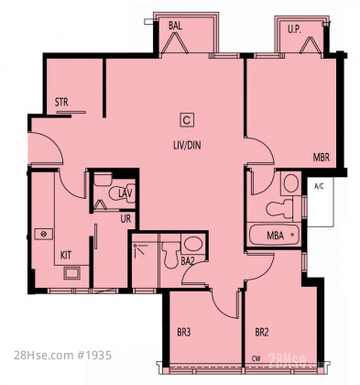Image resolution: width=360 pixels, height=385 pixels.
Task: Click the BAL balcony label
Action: [175, 26]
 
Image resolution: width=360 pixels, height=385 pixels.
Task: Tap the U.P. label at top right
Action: [295, 29]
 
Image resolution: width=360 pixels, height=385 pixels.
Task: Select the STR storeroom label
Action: [61, 102]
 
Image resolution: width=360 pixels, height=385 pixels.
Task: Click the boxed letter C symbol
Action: [187, 120]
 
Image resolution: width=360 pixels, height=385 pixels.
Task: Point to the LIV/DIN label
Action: [187, 145]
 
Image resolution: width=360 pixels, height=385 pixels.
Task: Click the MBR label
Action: [322, 158]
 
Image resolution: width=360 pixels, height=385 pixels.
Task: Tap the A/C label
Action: [319, 186]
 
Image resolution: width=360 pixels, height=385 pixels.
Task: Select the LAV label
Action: [125, 193]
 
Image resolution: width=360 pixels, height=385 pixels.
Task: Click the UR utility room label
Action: [125, 218]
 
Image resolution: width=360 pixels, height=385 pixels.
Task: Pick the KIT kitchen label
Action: [66, 255]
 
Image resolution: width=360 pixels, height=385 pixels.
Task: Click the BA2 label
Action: [188, 261]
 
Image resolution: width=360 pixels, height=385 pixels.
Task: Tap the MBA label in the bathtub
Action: [275, 236]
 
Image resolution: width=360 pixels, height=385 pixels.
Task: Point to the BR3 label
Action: [184, 332]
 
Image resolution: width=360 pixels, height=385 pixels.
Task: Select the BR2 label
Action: [262, 332]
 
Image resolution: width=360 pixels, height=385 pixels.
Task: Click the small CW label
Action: [256, 358]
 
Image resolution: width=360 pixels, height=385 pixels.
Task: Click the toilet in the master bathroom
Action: [279, 209]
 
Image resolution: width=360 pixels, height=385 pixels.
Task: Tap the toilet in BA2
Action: [170, 254]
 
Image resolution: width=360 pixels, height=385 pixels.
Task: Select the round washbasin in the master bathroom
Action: [290, 183]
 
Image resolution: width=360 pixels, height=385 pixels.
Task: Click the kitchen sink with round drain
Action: [44, 234]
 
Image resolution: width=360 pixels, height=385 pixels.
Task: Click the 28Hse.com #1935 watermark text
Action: [62, 356]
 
